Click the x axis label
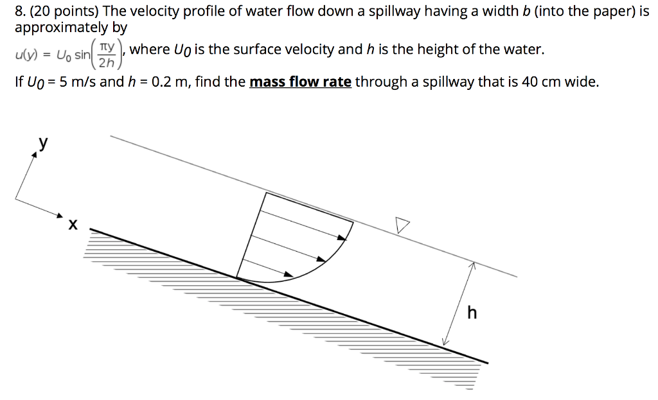[73, 225]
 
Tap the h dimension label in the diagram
[472, 313]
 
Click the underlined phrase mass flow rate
[300, 82]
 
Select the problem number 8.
[19, 12]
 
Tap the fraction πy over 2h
[108, 55]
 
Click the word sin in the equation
[82, 55]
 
